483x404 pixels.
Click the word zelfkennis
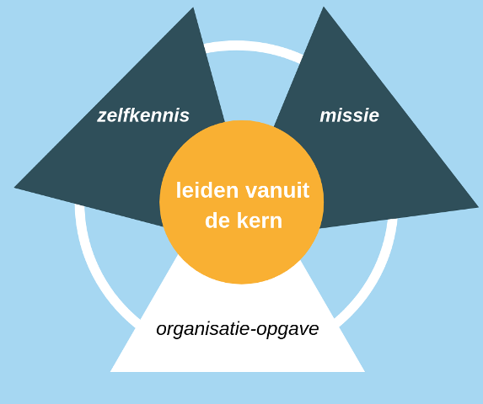143,115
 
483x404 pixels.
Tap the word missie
349,115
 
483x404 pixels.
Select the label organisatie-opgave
238,330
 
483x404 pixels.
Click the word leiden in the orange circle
207,190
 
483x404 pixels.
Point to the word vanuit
277,190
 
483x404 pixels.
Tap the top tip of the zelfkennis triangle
193,8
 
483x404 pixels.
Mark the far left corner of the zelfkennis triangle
14,187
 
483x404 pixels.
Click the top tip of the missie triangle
324,7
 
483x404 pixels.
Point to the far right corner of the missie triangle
479,207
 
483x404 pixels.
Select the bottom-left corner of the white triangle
110,372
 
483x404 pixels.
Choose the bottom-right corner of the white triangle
365,372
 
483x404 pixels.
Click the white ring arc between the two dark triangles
253,47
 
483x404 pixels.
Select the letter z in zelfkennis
102,117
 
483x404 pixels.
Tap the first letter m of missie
329,117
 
